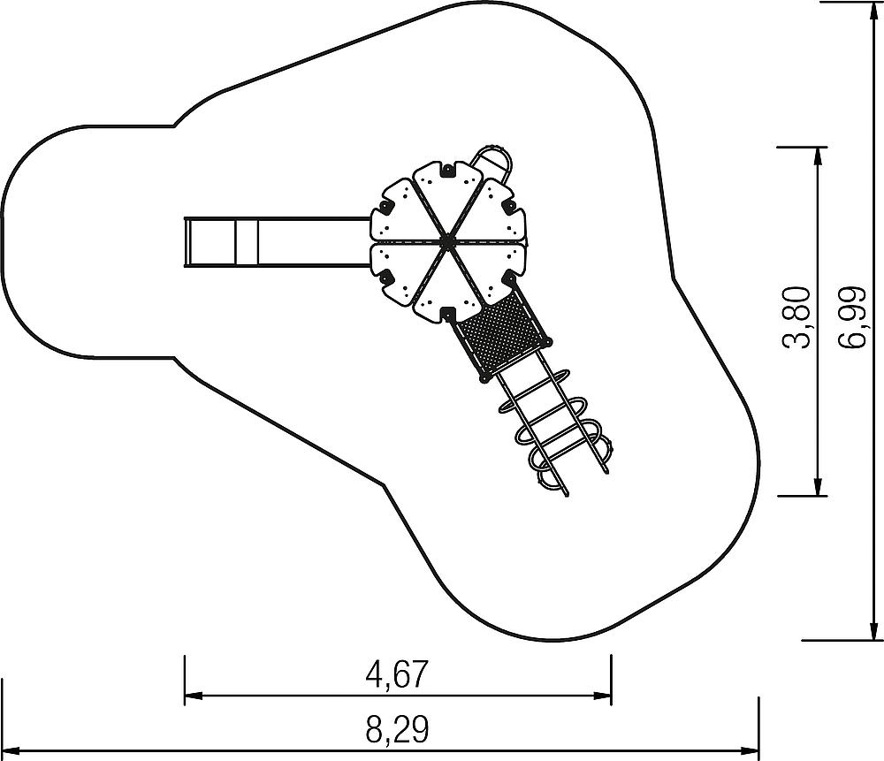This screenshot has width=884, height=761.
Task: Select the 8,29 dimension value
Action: click(398, 729)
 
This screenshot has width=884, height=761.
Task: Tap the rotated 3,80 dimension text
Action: click(797, 317)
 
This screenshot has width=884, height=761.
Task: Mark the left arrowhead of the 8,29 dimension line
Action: click(11, 750)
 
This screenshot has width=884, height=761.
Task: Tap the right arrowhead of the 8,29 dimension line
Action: click(751, 750)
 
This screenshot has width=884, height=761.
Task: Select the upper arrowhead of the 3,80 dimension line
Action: click(818, 156)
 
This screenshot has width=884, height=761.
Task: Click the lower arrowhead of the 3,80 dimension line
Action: click(818, 487)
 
